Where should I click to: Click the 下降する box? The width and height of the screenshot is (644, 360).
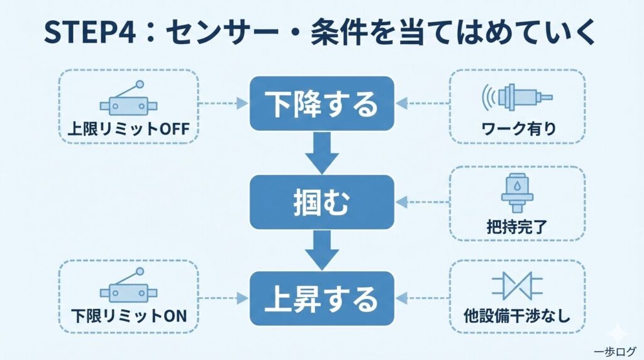(x=322, y=104)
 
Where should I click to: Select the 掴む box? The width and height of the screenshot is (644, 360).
(x=322, y=202)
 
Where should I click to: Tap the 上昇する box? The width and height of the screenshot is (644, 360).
(x=322, y=298)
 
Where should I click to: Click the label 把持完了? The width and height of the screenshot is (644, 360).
(x=518, y=225)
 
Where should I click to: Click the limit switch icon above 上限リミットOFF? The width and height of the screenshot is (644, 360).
(x=128, y=101)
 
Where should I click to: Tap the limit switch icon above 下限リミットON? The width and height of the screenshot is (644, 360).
(x=128, y=286)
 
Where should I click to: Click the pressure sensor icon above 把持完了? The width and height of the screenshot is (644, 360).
(x=517, y=189)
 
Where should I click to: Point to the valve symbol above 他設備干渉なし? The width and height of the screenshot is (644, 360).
(x=518, y=285)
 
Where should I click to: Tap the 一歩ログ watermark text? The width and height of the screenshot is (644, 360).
(x=614, y=351)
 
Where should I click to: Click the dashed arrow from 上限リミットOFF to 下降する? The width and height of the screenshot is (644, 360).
(x=224, y=101)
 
